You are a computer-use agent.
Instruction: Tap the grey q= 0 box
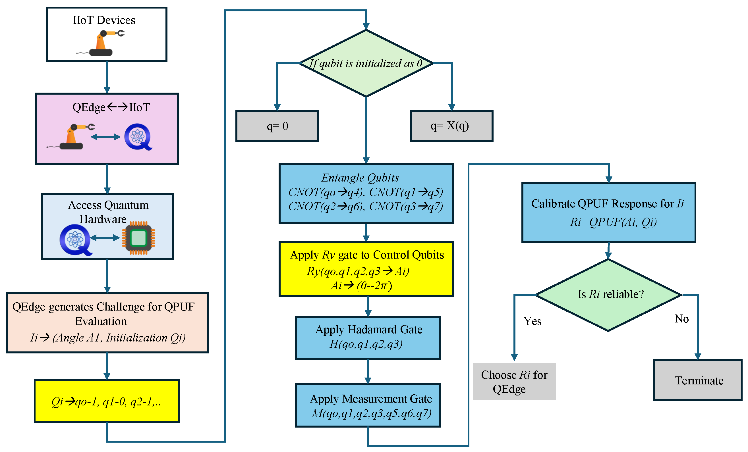click(277, 126)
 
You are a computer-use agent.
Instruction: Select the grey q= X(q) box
click(451, 126)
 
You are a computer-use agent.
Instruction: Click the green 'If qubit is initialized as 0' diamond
click(366, 63)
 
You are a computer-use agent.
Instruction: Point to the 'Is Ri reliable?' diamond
click(609, 295)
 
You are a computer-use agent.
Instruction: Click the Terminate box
click(698, 380)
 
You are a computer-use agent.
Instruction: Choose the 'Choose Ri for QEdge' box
click(514, 381)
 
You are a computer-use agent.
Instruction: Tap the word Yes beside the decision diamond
click(532, 321)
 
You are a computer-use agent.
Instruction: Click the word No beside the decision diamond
click(681, 319)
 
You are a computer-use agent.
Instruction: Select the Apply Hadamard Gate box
click(368, 338)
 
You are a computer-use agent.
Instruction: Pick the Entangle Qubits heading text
click(360, 178)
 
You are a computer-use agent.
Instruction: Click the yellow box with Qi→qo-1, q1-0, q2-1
click(107, 401)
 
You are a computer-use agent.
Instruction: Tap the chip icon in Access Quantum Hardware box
click(138, 238)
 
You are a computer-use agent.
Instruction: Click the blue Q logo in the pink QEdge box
click(138, 137)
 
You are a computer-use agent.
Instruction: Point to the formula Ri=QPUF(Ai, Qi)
click(613, 222)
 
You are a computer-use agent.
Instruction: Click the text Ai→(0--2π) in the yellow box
click(361, 286)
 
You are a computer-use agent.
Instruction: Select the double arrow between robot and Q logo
click(105, 137)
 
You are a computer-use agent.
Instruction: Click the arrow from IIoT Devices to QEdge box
click(107, 77)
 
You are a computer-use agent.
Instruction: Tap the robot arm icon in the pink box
click(72, 137)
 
